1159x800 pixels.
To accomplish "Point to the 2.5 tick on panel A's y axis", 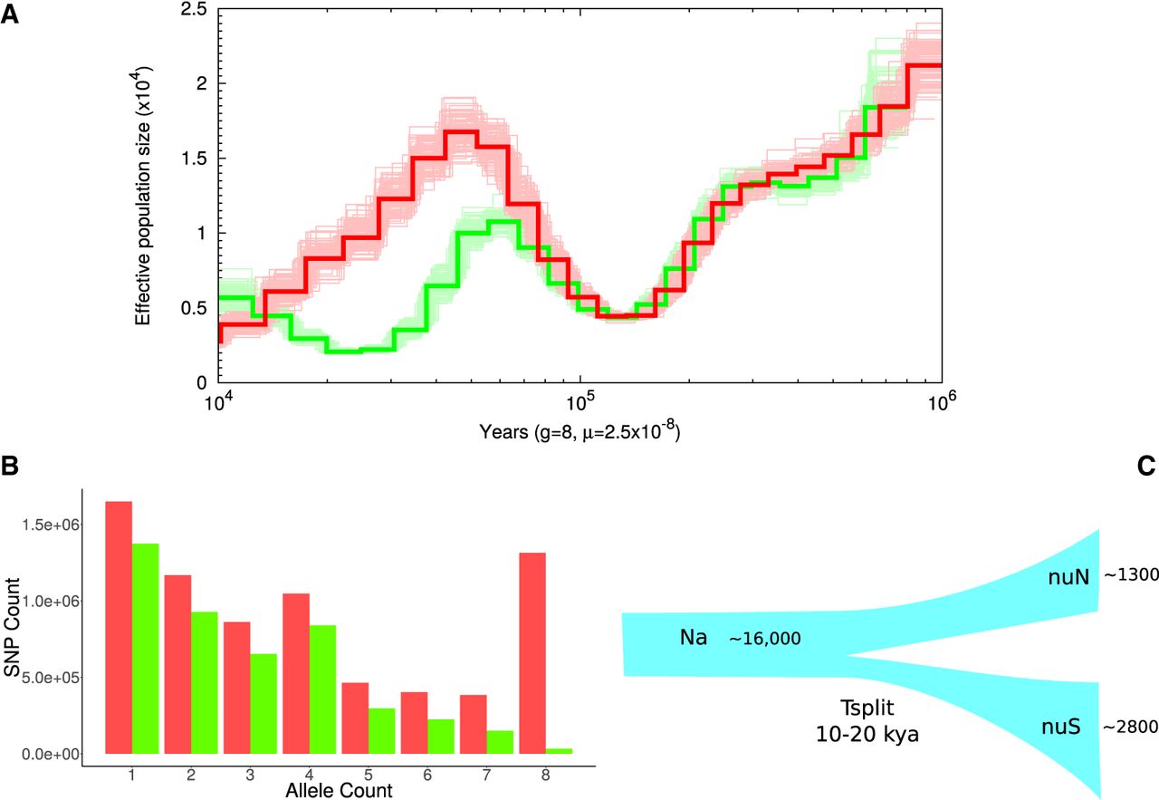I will (x=195, y=10).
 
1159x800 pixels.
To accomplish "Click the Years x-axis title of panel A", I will (x=580, y=433).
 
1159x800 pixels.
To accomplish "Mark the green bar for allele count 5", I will (x=381, y=730).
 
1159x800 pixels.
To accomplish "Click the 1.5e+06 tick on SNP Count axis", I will (x=56, y=525).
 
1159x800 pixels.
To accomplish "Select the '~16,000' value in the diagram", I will (x=764, y=639).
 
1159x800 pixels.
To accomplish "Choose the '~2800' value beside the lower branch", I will (x=1129, y=727).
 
